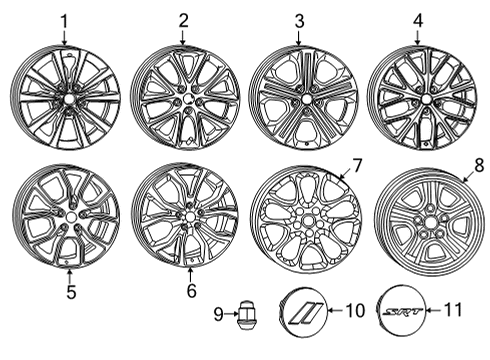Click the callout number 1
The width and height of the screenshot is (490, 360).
click(x=64, y=20)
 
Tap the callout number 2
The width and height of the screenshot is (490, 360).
click(x=183, y=20)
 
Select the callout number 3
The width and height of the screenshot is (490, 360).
click(x=299, y=20)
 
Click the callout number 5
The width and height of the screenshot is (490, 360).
click(x=69, y=293)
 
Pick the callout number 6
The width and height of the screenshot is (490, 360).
click(x=190, y=293)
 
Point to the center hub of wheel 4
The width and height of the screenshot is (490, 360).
click(x=420, y=98)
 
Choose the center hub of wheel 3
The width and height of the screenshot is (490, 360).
click(x=302, y=100)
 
